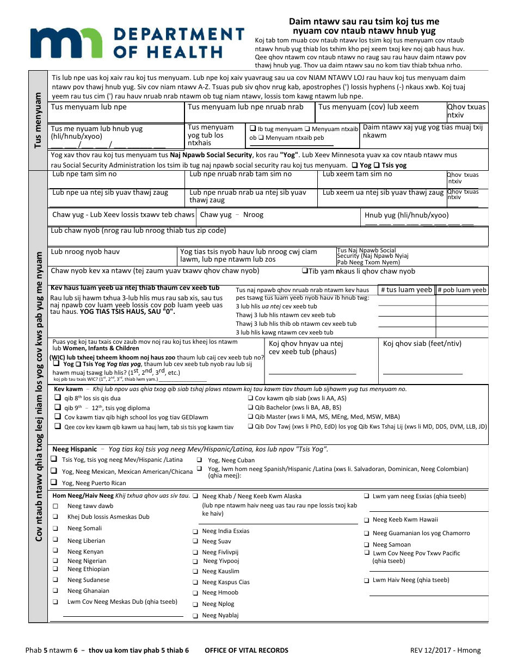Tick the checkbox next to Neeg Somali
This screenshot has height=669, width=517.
tap(56, 528)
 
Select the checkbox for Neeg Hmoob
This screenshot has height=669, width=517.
tap(195, 593)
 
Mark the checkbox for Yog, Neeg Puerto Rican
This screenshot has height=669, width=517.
tap(54, 482)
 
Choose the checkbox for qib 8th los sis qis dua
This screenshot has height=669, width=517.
tap(58, 398)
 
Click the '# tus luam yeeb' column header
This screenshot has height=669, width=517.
tap(406, 290)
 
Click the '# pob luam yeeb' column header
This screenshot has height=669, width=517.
tap(461, 290)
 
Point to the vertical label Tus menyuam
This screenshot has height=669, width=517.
tap(38, 120)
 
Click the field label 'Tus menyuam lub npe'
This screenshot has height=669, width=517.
tap(89, 107)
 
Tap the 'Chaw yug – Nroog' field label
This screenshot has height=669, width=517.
tap(232, 215)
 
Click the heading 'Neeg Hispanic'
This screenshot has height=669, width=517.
tap(75, 449)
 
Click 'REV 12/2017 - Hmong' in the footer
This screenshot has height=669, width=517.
tap(445, 650)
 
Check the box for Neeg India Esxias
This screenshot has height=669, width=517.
tap(195, 531)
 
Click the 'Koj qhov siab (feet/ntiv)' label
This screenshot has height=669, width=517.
tap(422, 343)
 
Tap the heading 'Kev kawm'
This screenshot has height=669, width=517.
tap(68, 389)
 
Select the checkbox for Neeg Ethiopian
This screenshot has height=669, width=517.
tap(56, 569)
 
